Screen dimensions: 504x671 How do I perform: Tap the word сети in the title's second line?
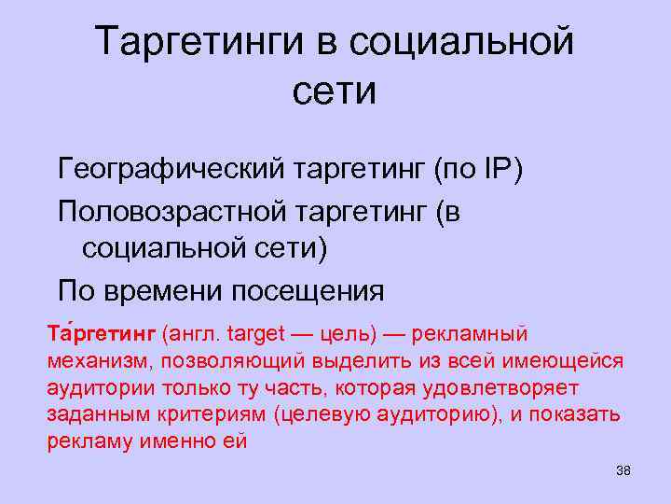pos(335,91)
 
